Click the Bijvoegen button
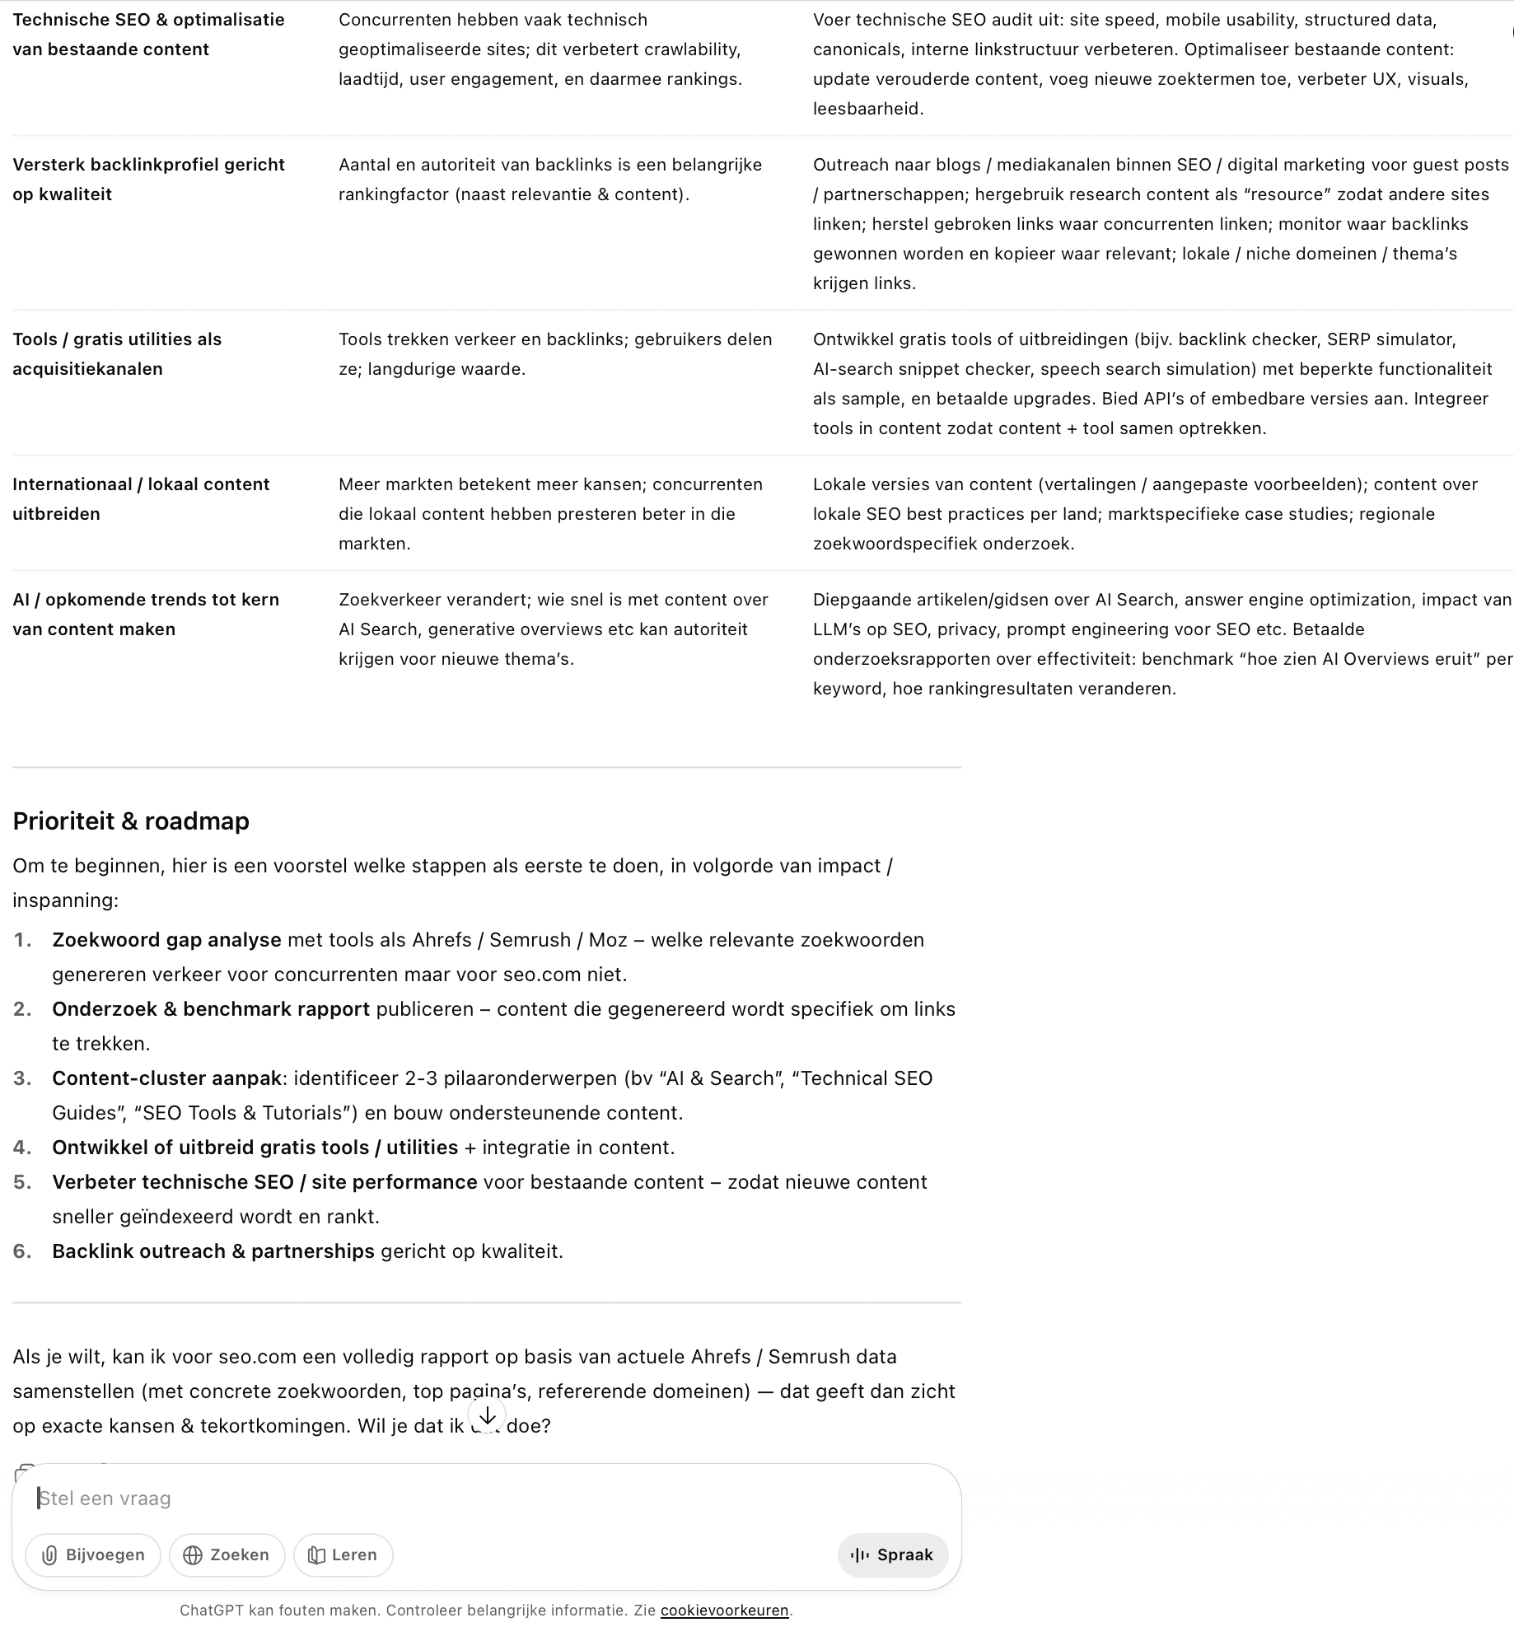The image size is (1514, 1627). coord(93,1555)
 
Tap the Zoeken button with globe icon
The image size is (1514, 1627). coord(227,1555)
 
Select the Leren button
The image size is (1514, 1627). coord(343,1555)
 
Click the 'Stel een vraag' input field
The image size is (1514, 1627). coord(412,1498)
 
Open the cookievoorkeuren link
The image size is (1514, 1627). coord(724,1610)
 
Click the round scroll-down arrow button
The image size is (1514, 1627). coord(487,1415)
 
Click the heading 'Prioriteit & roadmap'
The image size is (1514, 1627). coord(131,821)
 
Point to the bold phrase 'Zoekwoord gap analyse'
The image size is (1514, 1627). coord(166,940)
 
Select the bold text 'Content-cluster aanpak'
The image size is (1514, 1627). coord(166,1078)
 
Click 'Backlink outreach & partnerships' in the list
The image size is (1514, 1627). coord(213,1251)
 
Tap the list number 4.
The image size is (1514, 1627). coord(22,1148)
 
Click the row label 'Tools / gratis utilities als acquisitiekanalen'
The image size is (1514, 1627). coord(117,354)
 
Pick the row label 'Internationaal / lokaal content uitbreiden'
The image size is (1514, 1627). coord(141,499)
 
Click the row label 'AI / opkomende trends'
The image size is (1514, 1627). coord(146,615)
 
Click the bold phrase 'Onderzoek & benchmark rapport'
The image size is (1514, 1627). coord(210,1009)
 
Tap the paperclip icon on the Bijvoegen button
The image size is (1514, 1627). coord(49,1555)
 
